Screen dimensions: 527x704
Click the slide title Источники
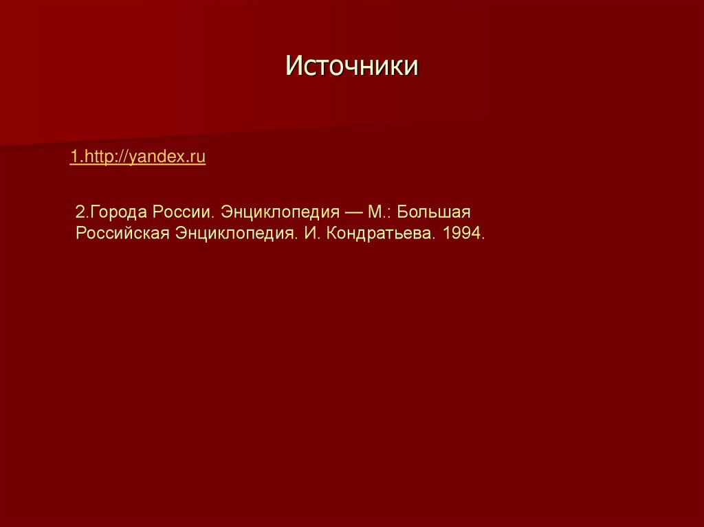coord(352,67)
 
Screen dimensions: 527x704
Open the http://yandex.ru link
coord(137,157)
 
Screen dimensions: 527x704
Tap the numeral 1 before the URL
coord(73,157)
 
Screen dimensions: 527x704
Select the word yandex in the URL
coord(159,157)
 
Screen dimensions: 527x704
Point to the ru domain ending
coord(198,157)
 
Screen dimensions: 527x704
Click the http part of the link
coord(96,157)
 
